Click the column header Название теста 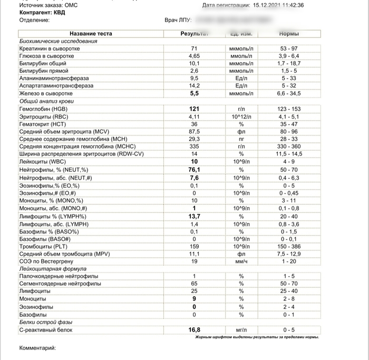tap(91, 34)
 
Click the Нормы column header tap(289, 34)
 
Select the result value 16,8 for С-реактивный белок tap(194, 330)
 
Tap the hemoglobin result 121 tap(194, 109)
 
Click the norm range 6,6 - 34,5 tap(289, 93)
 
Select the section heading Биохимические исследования tap(58, 41)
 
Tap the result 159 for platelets tap(194, 246)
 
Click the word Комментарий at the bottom tap(37, 348)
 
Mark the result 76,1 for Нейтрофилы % tap(194, 170)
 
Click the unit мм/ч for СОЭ tap(241, 261)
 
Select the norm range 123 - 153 tap(289, 109)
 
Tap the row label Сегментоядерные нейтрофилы tap(57, 284)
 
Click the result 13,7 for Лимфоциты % tap(194, 217)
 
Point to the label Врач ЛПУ tap(178, 20)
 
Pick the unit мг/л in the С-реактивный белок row tap(241, 330)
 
